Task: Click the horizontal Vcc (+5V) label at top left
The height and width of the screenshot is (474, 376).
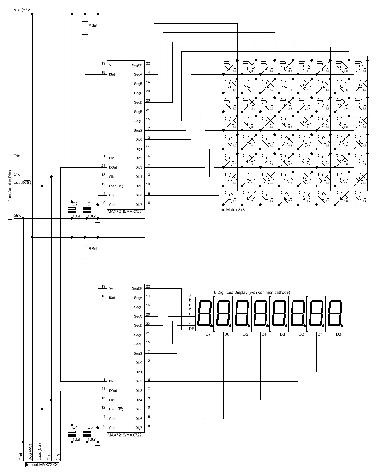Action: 23,10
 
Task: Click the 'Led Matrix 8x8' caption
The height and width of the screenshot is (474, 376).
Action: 231,210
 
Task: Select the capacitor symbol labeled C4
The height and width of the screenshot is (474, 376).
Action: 72,433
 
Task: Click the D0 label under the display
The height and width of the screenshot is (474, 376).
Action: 339,334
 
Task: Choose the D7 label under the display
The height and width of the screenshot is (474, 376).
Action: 208,334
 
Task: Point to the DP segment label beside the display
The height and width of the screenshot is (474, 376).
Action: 191,329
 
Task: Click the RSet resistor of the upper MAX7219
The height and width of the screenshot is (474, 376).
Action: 85,28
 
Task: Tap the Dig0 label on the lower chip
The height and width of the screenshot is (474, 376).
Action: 139,363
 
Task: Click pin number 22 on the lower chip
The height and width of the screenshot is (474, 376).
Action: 148,286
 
